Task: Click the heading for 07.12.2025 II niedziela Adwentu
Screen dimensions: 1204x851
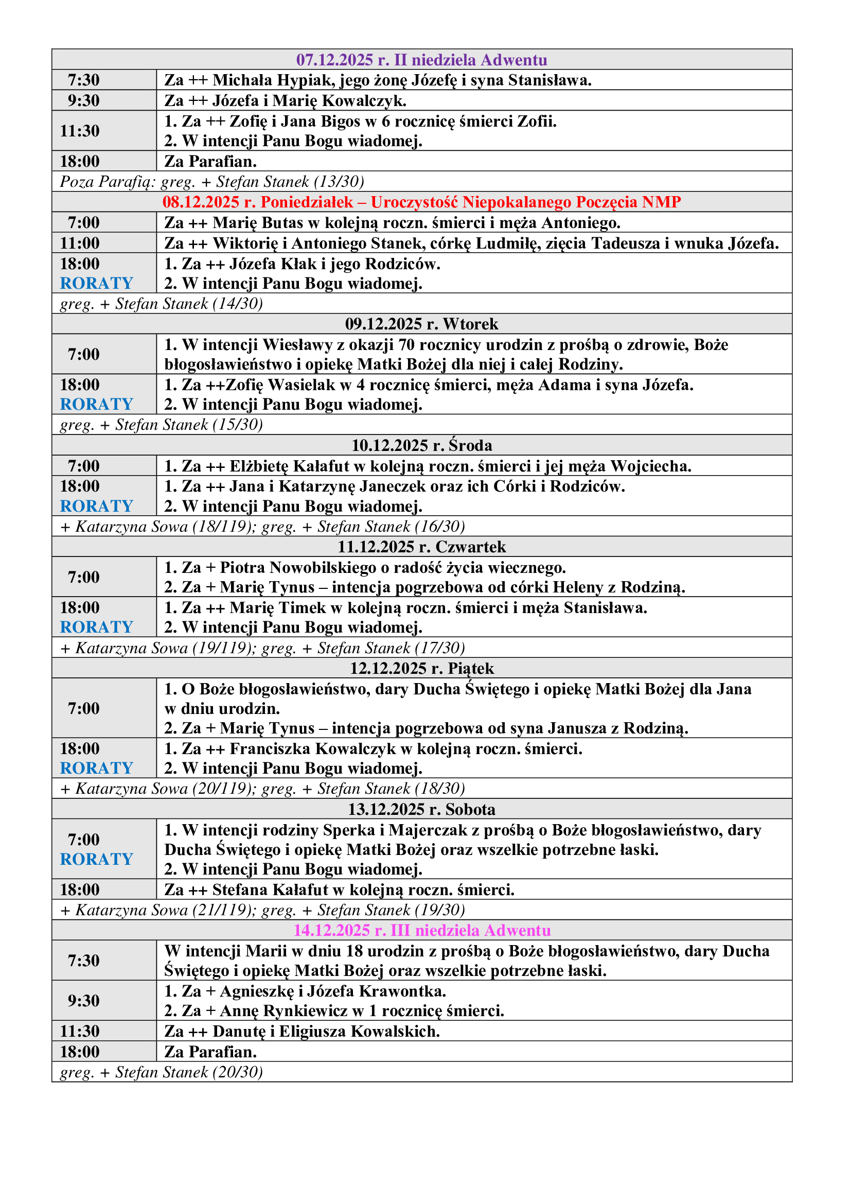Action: coord(421,60)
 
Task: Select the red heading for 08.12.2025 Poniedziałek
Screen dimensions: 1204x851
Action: coord(421,202)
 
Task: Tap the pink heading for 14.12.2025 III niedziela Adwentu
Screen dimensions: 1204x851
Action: coord(421,930)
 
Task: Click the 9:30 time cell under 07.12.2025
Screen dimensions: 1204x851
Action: coord(84,100)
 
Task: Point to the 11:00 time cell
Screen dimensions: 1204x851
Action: coord(80,243)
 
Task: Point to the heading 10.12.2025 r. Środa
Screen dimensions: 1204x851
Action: coord(421,445)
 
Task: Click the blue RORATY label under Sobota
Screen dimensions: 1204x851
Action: coord(96,859)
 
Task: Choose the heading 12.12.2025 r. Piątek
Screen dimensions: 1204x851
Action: coord(421,668)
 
